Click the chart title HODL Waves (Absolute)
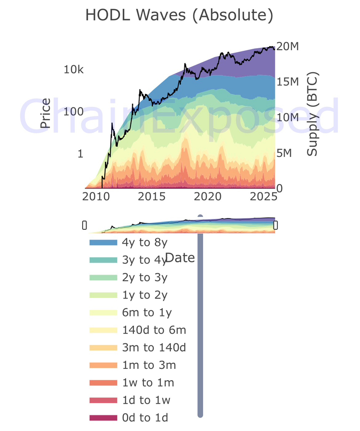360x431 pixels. point(179,15)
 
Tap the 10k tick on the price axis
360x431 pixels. point(73,70)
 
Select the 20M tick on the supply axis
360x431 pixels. point(288,47)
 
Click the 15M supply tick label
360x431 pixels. point(288,82)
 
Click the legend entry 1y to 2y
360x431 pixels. point(145,295)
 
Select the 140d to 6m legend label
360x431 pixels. point(154,330)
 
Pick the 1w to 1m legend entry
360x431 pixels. point(149,383)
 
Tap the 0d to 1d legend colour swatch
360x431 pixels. point(103,418)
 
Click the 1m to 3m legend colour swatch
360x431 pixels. point(103,365)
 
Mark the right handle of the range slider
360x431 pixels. point(275,225)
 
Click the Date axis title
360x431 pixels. point(180,258)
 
